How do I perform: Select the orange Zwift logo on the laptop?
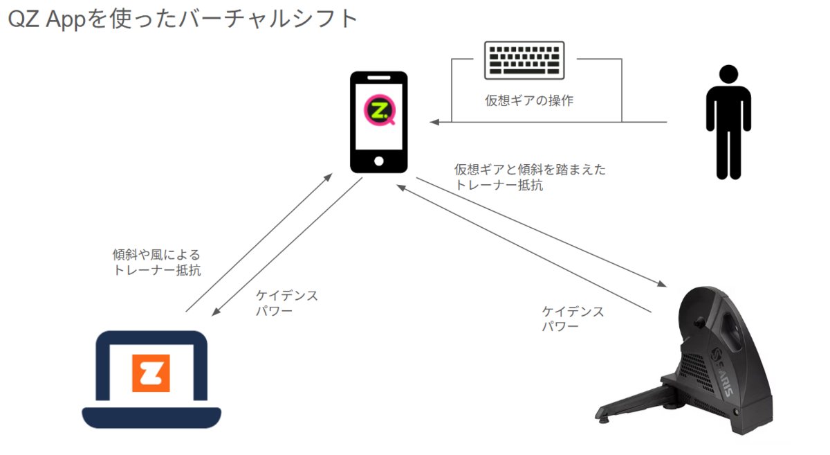coord(151,373)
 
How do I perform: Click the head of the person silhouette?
coord(728,75)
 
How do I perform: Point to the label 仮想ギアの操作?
coord(529,100)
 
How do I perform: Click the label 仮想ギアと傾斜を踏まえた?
coord(530,170)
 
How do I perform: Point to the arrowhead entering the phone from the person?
coord(434,123)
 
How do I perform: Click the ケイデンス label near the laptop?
coord(286,296)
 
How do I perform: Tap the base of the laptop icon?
coord(151,418)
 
